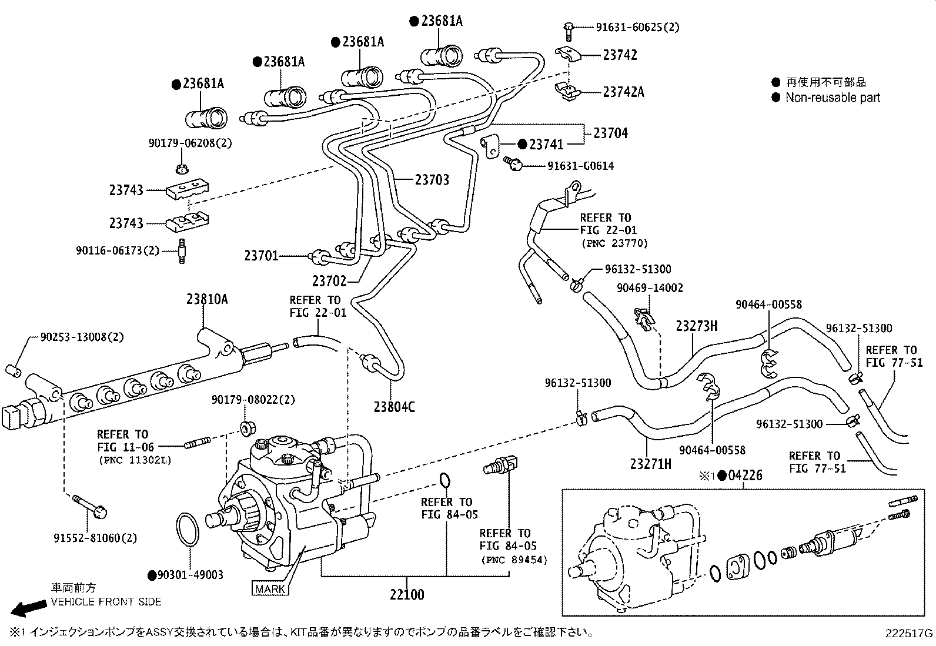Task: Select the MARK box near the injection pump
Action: [270, 588]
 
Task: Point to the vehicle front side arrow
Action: [30, 608]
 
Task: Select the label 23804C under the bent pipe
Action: [394, 407]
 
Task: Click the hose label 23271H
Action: [651, 464]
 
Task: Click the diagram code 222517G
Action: [910, 633]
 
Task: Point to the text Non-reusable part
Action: [833, 98]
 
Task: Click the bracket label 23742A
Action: [623, 92]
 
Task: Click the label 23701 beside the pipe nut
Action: [261, 256]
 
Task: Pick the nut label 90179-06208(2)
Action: [182, 143]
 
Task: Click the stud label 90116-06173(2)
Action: [118, 250]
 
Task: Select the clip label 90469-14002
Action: [650, 287]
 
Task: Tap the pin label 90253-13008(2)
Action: [82, 337]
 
